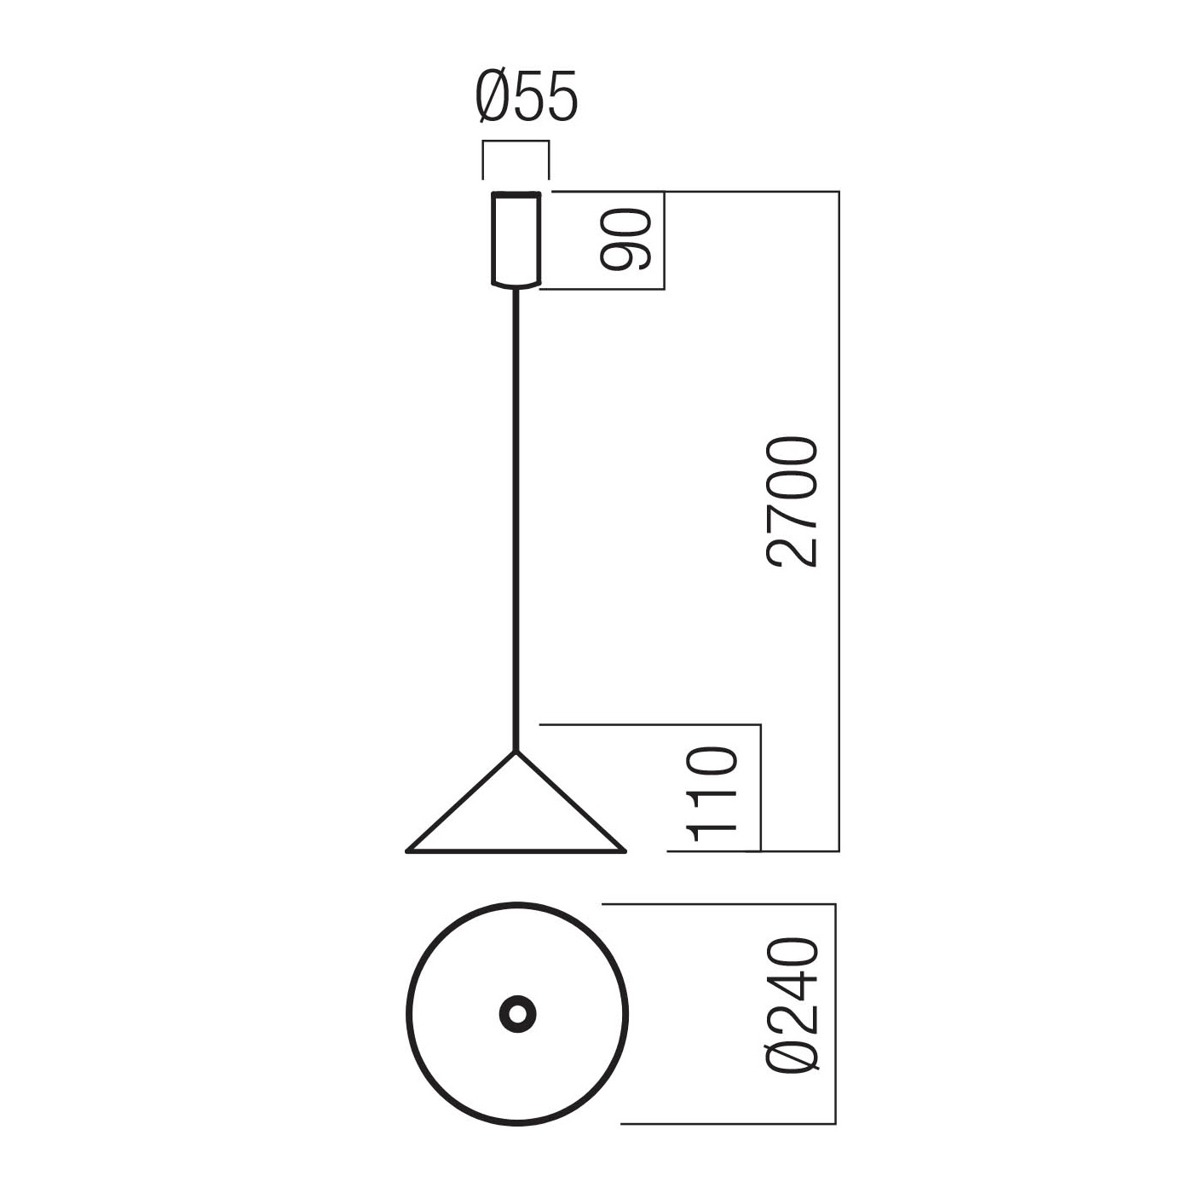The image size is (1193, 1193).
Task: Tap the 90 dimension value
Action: tap(626, 239)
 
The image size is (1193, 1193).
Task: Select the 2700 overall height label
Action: tap(792, 502)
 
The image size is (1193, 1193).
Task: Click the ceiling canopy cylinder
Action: tap(516, 240)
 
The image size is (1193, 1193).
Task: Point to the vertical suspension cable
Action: tap(516, 520)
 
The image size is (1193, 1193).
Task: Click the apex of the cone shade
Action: tap(516, 752)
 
